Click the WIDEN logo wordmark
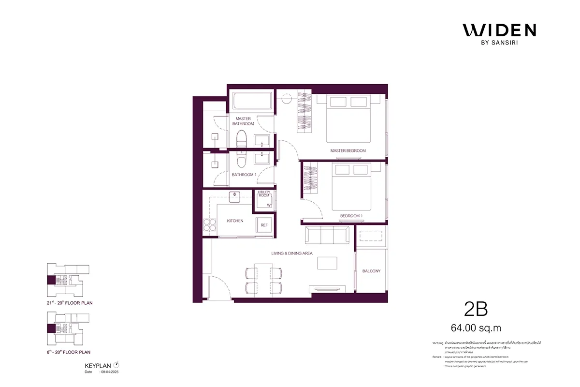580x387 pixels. [x=499, y=30]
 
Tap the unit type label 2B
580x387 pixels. [x=476, y=309]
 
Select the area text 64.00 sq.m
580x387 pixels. [x=476, y=328]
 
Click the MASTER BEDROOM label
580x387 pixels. [x=348, y=151]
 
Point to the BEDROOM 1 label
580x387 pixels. [x=344, y=216]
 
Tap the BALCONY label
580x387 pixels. [x=371, y=271]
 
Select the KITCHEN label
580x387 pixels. [x=235, y=221]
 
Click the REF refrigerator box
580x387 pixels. [x=264, y=225]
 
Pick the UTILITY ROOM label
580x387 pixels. [x=263, y=194]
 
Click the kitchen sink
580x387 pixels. [x=235, y=195]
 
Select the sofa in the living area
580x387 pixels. [x=326, y=236]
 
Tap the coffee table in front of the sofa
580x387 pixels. [x=327, y=263]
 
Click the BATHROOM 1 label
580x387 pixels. [x=244, y=175]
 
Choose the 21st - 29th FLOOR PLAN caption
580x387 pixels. [x=67, y=303]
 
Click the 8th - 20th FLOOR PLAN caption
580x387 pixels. [x=67, y=352]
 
